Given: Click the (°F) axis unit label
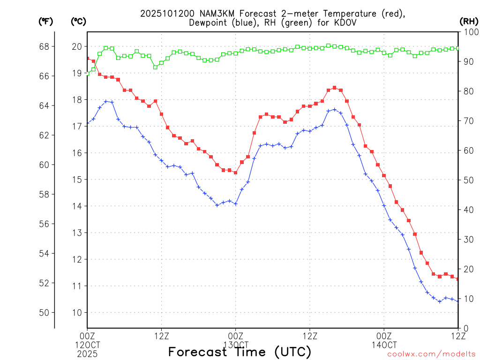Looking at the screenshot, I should pyautogui.click(x=45, y=22).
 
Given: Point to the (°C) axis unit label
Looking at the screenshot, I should pyautogui.click(x=78, y=22).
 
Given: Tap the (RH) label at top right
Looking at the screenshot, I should pyautogui.click(x=468, y=22).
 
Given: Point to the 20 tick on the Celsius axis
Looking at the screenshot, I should pyautogui.click(x=77, y=46).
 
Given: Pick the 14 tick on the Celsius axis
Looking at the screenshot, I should pyautogui.click(x=77, y=206).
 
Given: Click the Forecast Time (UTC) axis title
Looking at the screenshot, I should pyautogui.click(x=240, y=352).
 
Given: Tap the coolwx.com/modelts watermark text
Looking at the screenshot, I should pyautogui.click(x=431, y=354).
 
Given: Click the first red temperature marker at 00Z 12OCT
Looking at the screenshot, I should pyautogui.click(x=87, y=59).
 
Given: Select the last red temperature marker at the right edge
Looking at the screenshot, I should pyautogui.click(x=458, y=279).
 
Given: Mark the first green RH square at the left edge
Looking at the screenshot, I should pyautogui.click(x=87, y=74).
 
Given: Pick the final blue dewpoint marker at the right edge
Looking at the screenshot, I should pyautogui.click(x=458, y=301).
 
